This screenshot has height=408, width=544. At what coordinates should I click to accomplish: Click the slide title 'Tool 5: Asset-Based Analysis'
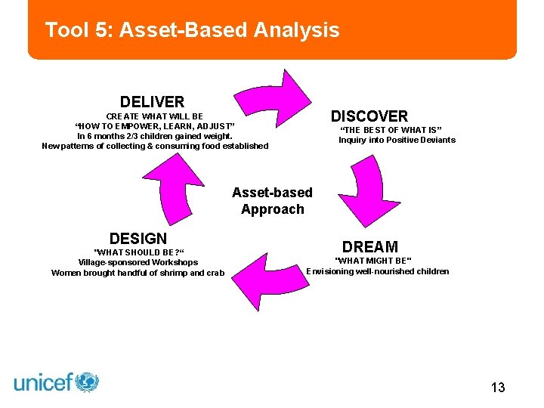click(192, 30)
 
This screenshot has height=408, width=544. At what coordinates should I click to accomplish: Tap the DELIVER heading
click(152, 101)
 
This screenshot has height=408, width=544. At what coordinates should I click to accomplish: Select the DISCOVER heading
click(369, 116)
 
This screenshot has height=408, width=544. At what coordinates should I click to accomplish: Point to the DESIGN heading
click(138, 239)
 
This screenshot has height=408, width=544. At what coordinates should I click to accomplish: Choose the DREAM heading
click(369, 247)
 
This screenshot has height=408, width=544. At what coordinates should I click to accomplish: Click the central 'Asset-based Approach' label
click(272, 201)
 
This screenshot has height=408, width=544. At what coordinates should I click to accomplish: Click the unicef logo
click(57, 382)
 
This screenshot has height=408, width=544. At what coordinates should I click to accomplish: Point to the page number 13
click(497, 388)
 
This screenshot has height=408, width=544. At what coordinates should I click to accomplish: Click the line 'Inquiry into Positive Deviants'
click(397, 140)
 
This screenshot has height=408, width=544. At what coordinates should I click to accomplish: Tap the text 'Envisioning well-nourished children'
click(377, 271)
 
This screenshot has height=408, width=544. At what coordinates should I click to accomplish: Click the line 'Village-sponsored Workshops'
click(138, 263)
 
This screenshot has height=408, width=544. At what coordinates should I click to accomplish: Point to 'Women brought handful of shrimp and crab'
click(138, 273)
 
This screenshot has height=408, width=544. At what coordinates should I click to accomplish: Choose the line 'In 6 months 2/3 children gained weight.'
click(155, 136)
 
